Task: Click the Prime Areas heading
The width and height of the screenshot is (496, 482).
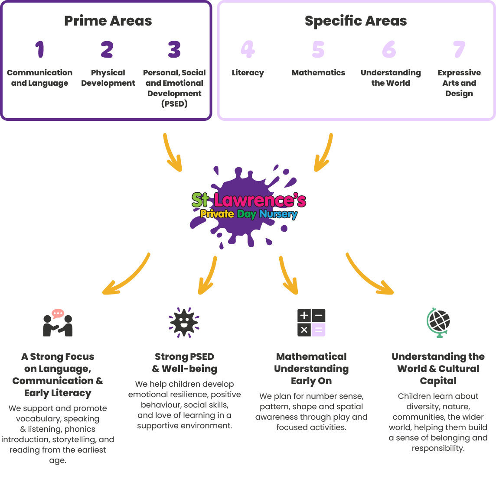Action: pyautogui.click(x=108, y=21)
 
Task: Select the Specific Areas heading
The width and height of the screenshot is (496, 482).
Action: pyautogui.click(x=356, y=21)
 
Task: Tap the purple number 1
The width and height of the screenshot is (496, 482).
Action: pyautogui.click(x=39, y=49)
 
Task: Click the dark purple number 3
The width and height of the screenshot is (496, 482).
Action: pyautogui.click(x=174, y=49)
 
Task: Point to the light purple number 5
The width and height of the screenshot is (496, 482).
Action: pyautogui.click(x=318, y=49)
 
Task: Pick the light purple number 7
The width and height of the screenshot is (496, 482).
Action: pyautogui.click(x=459, y=49)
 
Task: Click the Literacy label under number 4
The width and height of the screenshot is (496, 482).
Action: pyautogui.click(x=248, y=73)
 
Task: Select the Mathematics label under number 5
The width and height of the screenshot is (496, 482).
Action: pyautogui.click(x=318, y=73)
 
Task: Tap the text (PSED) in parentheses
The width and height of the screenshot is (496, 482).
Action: pyautogui.click(x=174, y=104)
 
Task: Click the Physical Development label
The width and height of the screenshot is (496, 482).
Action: pyautogui.click(x=108, y=78)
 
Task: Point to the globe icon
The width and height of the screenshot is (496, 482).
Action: pyautogui.click(x=438, y=323)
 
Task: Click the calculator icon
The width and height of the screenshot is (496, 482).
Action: pyautogui.click(x=311, y=323)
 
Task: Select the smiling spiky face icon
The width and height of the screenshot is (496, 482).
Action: pyautogui.click(x=184, y=322)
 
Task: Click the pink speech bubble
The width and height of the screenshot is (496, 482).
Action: pyautogui.click(x=58, y=314)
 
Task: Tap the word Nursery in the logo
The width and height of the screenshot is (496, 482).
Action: pyautogui.click(x=278, y=214)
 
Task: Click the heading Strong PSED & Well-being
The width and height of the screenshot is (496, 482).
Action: pyautogui.click(x=184, y=362)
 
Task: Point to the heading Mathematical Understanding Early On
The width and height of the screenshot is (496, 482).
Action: pyautogui.click(x=311, y=369)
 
